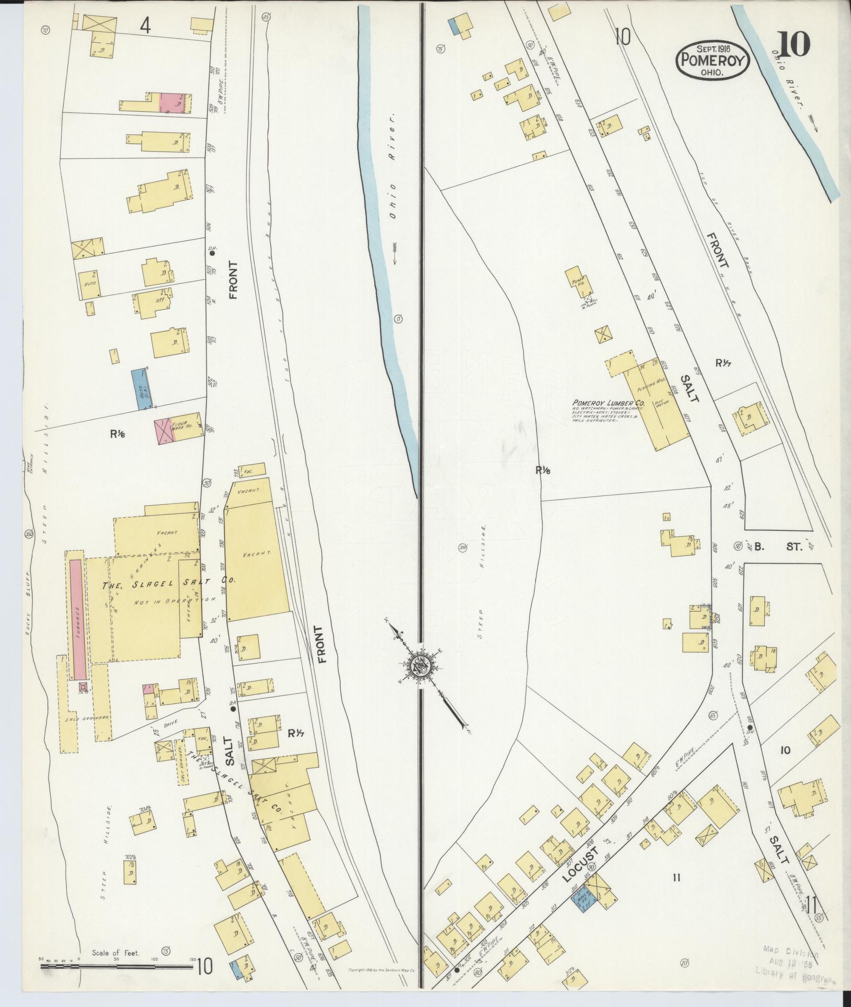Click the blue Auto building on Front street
[x=139, y=389]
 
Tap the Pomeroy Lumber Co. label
[x=609, y=403]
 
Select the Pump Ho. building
[x=578, y=282]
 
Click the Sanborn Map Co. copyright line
[x=381, y=970]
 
